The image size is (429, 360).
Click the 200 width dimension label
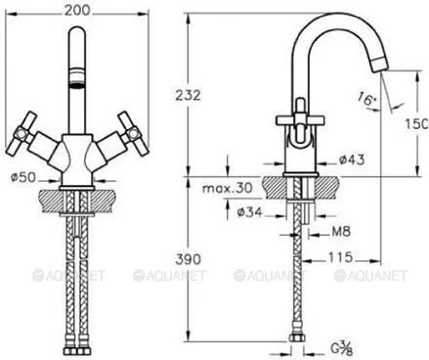tap(77, 10)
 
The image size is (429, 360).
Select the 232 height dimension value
tap(189, 96)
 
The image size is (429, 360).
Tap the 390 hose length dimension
tap(189, 259)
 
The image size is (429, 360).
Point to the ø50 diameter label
tap(22, 177)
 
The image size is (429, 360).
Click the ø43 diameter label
tap(352, 159)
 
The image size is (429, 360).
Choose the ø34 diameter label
tap(249, 212)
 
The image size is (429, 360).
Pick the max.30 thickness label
tap(228, 188)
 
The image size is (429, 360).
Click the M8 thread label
tap(341, 232)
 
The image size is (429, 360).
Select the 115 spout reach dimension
tap(340, 257)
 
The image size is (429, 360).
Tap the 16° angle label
tap(366, 99)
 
